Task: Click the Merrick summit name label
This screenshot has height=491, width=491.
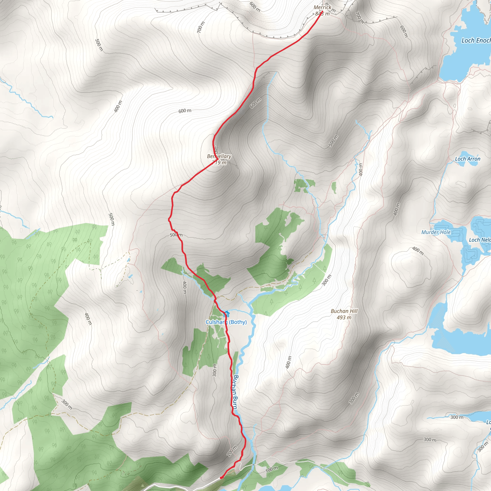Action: (x=322, y=7)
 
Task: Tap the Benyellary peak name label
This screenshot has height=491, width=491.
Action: (x=219, y=156)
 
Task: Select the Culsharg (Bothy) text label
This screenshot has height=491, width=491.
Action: (x=226, y=322)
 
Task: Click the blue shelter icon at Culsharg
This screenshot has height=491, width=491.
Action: (x=226, y=314)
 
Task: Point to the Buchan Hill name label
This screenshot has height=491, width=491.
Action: (x=344, y=311)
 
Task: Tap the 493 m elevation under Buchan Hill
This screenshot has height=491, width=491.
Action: (x=344, y=317)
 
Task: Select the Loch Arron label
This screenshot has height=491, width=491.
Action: (x=468, y=159)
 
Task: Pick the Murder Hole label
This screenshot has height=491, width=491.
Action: (x=436, y=232)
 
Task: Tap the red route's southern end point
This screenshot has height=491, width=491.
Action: (x=221, y=478)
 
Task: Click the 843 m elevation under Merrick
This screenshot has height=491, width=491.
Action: (x=322, y=14)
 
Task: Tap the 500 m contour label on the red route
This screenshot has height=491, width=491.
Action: (x=176, y=235)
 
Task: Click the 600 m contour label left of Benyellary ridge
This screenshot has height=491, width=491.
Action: (x=185, y=111)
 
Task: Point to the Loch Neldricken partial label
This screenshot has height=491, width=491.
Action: (x=479, y=240)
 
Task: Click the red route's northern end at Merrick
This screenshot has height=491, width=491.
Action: (x=322, y=12)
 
